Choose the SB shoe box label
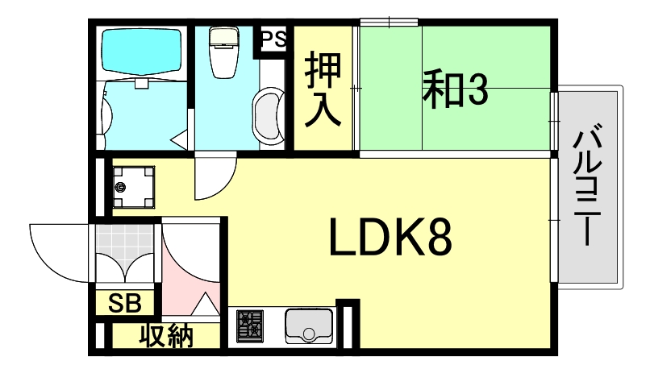tap(125, 304)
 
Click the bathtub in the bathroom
tap(142, 52)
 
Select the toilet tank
tap(221, 39)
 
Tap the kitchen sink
tap(309, 326)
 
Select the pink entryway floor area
tap(190, 274)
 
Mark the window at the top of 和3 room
tap(389, 22)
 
